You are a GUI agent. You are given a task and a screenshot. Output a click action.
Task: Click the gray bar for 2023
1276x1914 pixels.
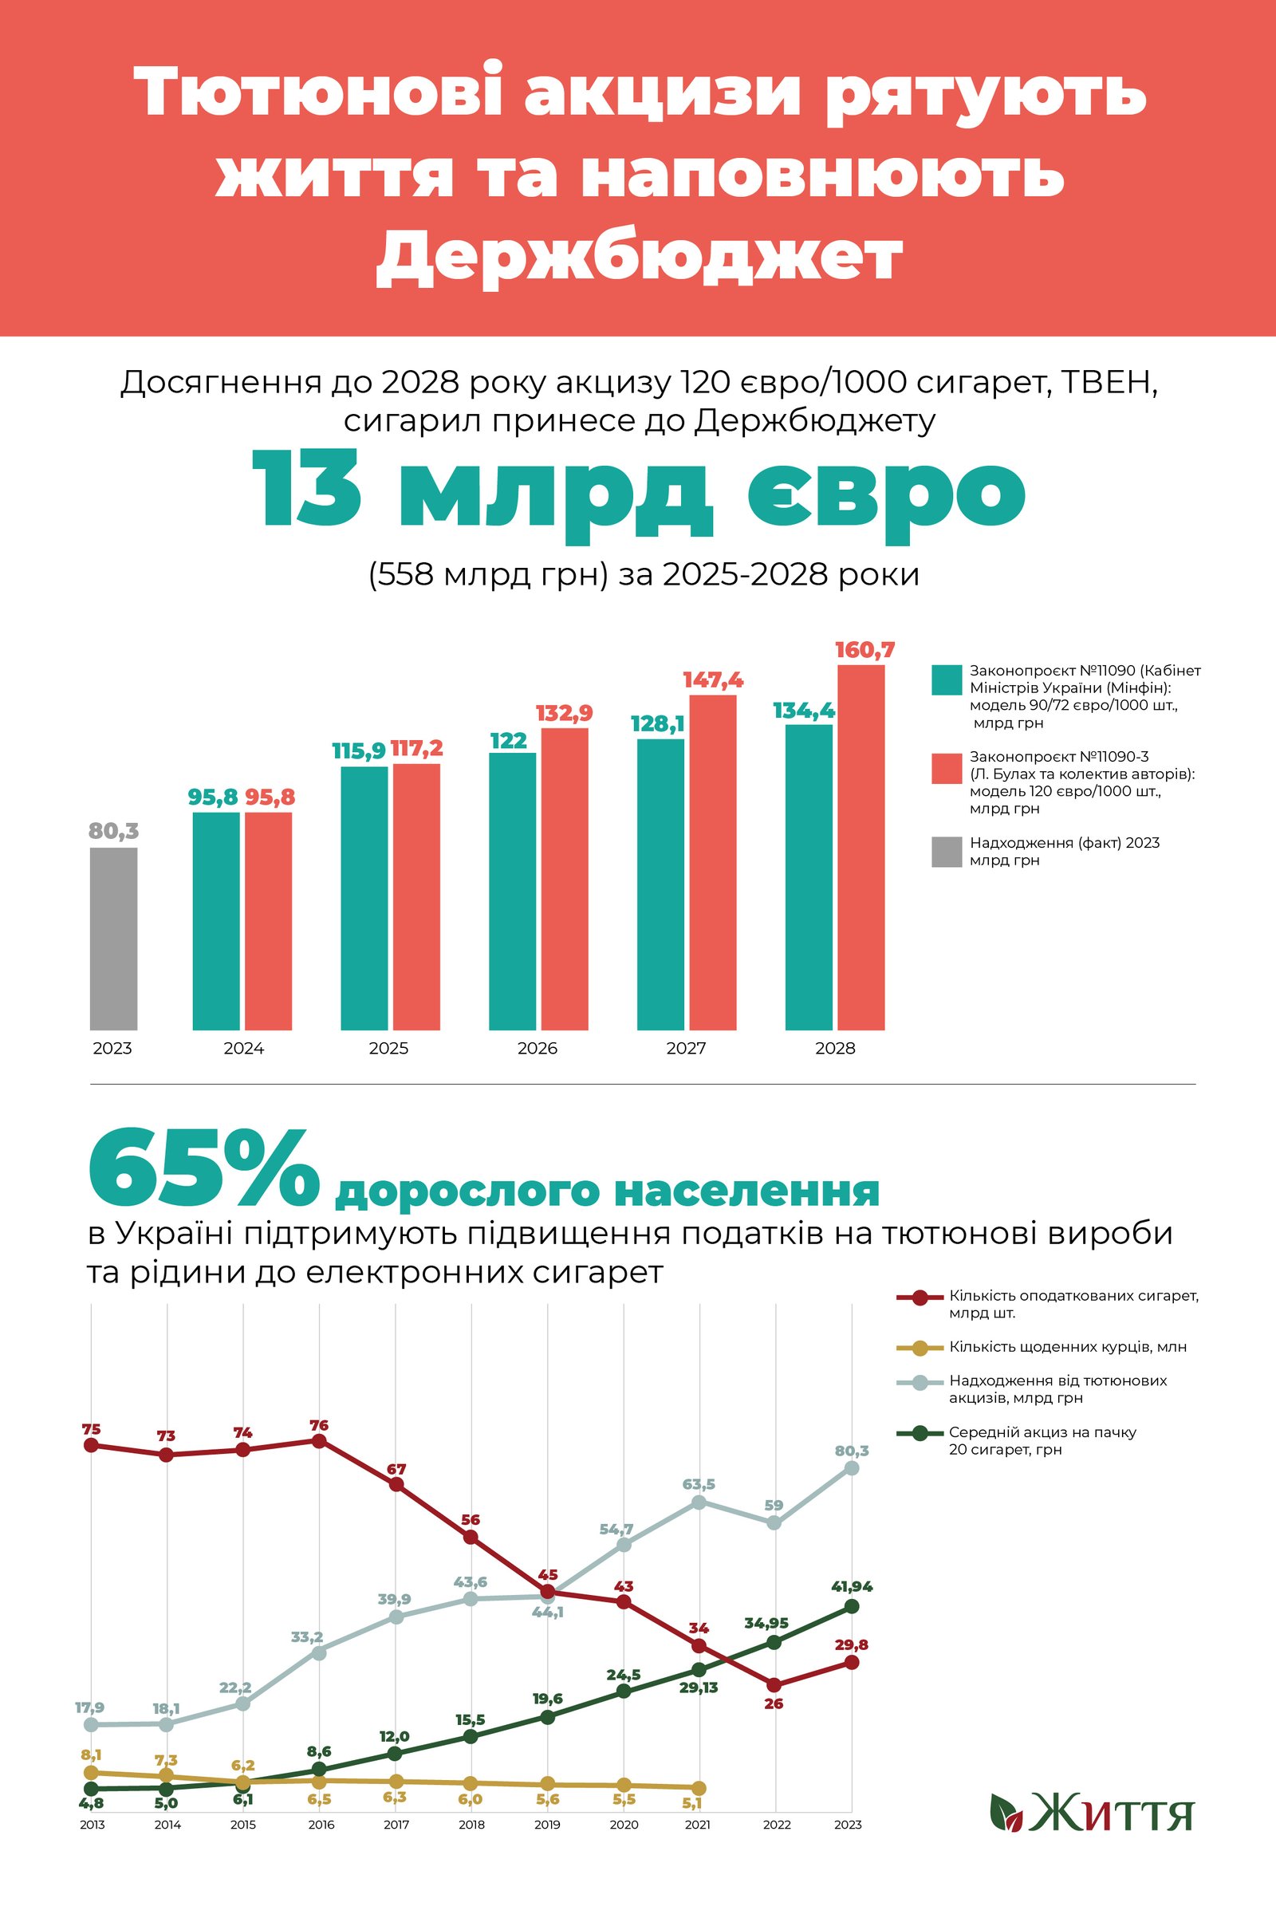[113, 939]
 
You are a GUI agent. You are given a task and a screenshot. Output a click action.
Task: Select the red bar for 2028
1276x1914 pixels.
[861, 847]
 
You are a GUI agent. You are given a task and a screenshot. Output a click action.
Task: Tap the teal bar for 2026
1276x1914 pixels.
[512, 891]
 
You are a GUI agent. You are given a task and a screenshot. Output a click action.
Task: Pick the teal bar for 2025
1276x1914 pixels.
[364, 898]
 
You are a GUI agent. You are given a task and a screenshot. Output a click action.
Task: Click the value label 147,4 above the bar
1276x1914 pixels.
[713, 680]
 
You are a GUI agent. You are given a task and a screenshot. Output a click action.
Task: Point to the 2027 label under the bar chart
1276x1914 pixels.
[686, 1048]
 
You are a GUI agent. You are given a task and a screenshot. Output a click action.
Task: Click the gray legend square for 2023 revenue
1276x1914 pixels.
[947, 851]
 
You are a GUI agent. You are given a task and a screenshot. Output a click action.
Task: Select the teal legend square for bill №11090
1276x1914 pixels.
[947, 679]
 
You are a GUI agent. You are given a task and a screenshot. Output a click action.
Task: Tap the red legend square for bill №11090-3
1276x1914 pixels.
[947, 768]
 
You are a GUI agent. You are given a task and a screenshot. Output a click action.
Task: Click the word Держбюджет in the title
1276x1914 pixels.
[639, 256]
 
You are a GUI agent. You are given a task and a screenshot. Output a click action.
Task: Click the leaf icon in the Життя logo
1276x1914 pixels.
[1006, 1812]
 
